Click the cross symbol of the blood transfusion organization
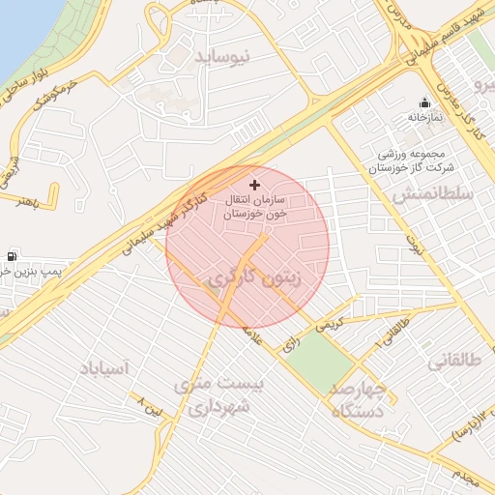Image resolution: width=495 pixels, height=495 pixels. click(x=255, y=184)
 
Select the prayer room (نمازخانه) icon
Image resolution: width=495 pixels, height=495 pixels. click(x=424, y=103)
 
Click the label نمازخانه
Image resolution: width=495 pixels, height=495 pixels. click(x=423, y=118)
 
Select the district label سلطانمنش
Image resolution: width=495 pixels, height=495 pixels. click(x=431, y=195)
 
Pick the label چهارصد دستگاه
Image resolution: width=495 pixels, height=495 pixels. click(x=358, y=398)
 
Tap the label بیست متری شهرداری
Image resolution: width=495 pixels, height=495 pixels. click(x=218, y=396)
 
